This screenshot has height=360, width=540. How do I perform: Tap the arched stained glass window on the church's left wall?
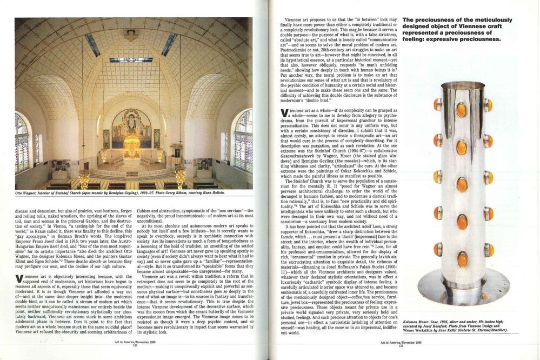click(22, 142)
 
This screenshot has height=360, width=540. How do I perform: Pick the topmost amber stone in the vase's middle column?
click(461, 110)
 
